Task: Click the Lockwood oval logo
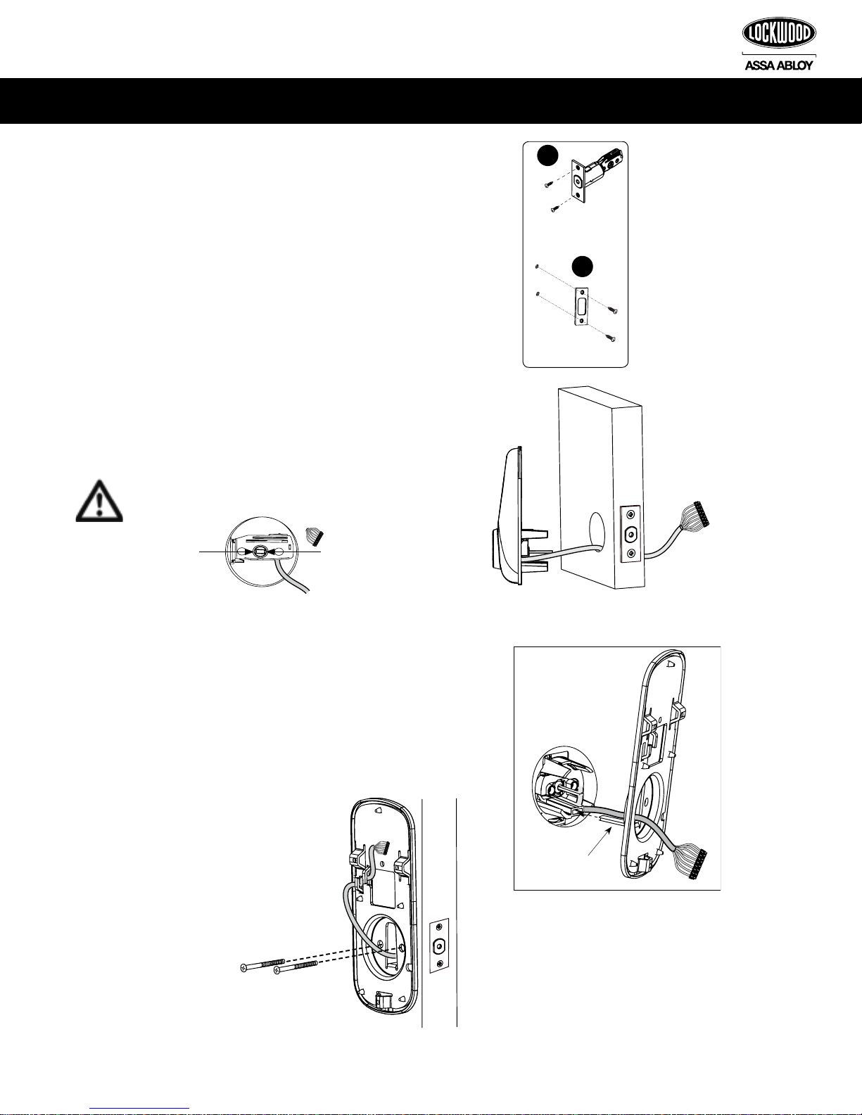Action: (779, 34)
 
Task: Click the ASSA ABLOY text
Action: (779, 65)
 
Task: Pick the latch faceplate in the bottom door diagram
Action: (439, 945)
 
